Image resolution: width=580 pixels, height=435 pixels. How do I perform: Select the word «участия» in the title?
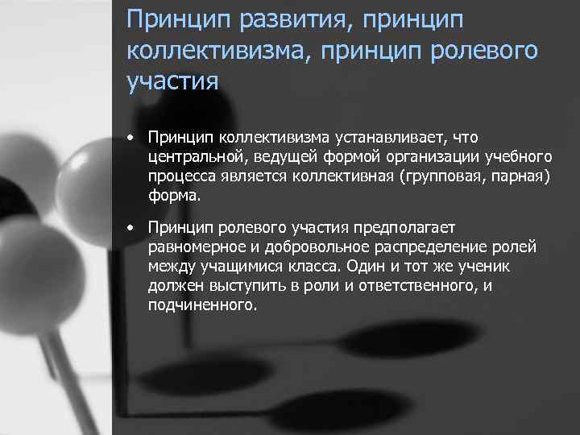click(173, 81)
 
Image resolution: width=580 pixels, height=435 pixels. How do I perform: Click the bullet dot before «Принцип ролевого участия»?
click(130, 228)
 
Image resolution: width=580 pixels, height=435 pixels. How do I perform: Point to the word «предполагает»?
click(407, 228)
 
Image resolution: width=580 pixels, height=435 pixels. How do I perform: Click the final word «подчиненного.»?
click(203, 305)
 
